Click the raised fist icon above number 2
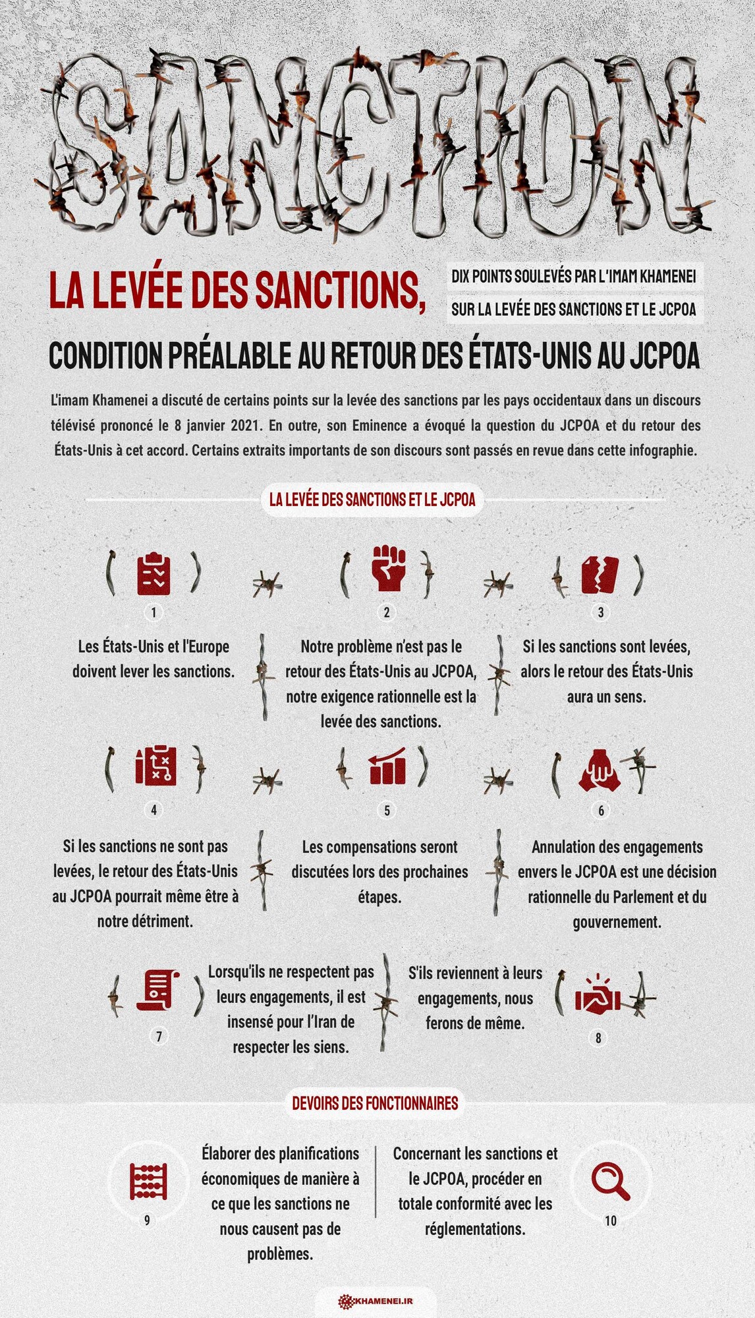coord(388,568)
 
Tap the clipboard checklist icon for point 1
coord(154,574)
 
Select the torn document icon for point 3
coord(600,575)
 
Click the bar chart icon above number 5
coord(387,766)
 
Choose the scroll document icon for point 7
coord(158,990)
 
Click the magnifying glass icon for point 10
coord(611,1182)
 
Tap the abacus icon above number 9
coord(148,1182)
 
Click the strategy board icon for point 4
coord(155,766)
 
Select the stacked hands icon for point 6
coord(600,770)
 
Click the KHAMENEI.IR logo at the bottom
coord(376,1301)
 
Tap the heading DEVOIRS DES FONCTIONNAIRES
coord(375,1103)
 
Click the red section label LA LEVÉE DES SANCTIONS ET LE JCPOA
coord(372,500)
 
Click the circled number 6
coord(601,811)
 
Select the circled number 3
coord(600,613)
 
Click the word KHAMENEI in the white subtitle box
coord(667,276)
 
